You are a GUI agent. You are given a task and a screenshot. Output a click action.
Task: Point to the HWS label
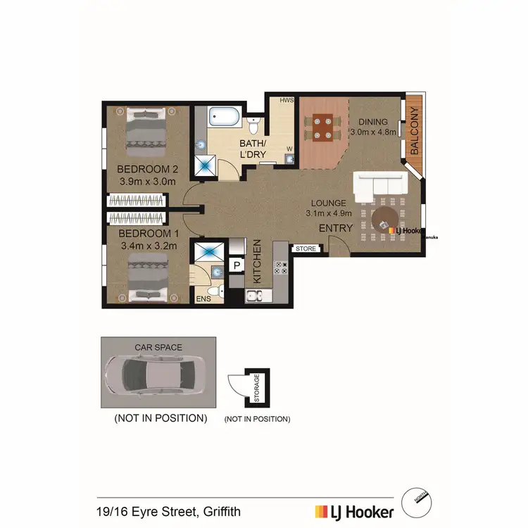(x=287, y=101)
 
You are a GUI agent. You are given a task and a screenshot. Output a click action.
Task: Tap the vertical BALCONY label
(x=414, y=131)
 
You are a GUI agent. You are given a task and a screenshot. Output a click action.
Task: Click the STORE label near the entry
(x=305, y=249)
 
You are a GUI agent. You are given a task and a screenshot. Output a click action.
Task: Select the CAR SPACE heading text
(x=158, y=347)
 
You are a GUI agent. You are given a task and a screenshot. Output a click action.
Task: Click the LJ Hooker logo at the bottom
(x=353, y=512)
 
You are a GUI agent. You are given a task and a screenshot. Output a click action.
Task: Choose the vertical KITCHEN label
(x=258, y=261)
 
